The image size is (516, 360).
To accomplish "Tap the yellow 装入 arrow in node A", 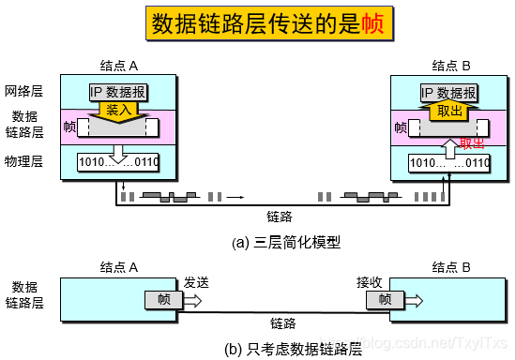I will pyautogui.click(x=119, y=110).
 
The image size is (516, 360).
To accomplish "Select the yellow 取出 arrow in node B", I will pyautogui.click(x=449, y=110).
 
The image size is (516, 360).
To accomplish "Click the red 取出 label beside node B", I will pyautogui.click(x=472, y=143).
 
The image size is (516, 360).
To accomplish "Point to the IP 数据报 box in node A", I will pyautogui.click(x=119, y=92).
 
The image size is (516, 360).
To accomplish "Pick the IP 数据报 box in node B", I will pyautogui.click(x=448, y=92).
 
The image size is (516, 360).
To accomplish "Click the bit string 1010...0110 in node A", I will pyautogui.click(x=119, y=163).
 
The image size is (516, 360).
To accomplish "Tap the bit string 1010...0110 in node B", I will pyautogui.click(x=449, y=163).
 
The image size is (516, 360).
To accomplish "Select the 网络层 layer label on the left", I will pyautogui.click(x=23, y=92).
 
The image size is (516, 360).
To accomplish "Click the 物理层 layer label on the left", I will pyautogui.click(x=23, y=161).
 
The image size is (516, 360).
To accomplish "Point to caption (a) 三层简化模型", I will pyautogui.click(x=285, y=242).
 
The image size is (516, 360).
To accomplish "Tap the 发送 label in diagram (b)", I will pyautogui.click(x=195, y=281).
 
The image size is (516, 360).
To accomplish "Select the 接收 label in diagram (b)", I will pyautogui.click(x=370, y=281).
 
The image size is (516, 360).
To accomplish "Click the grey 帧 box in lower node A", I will pyautogui.click(x=163, y=300).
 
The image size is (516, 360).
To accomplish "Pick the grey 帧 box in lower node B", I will pyautogui.click(x=385, y=300).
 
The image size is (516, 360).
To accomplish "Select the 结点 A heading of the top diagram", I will pyautogui.click(x=119, y=66).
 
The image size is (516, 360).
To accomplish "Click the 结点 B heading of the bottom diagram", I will pyautogui.click(x=451, y=266).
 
